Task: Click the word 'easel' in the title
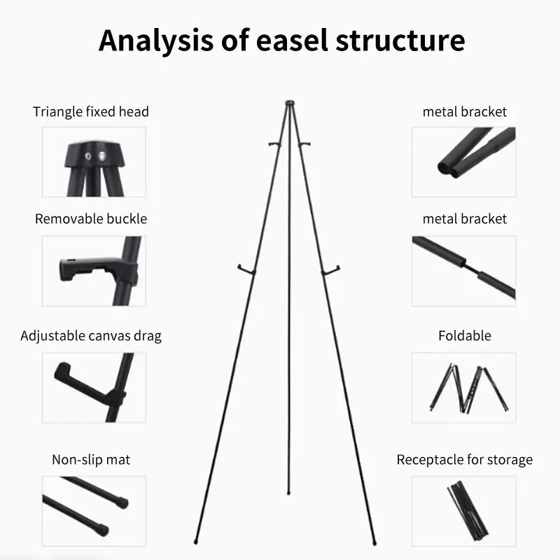(292, 40)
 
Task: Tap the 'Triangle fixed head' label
(91, 112)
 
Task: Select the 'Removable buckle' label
(91, 218)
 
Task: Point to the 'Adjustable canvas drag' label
(91, 336)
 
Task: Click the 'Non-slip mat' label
(91, 460)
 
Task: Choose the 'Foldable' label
(465, 336)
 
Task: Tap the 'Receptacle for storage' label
(464, 460)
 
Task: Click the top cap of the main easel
(290, 103)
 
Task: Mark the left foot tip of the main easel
(196, 542)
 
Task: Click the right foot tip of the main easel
(374, 542)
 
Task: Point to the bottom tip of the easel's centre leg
(288, 493)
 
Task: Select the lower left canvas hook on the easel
(246, 270)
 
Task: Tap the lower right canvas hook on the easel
(330, 271)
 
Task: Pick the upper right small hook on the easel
(304, 144)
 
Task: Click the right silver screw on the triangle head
(102, 155)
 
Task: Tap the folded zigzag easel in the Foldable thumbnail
(469, 388)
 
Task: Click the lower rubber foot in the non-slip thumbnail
(103, 529)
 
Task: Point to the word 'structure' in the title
(400, 40)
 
